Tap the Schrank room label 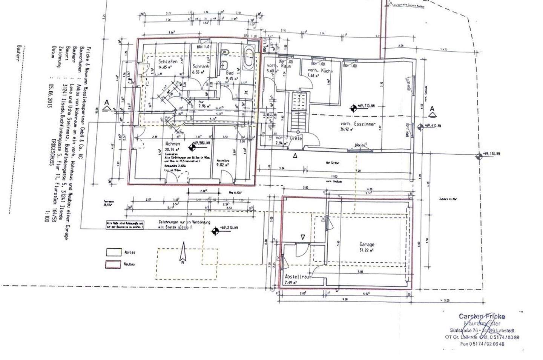coord(201,66)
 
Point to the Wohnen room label coord(173,144)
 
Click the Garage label coord(367,244)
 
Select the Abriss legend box coord(113,252)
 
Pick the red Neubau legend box coord(113,265)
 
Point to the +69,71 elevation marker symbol coord(353,109)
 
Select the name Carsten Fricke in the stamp coord(482,316)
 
